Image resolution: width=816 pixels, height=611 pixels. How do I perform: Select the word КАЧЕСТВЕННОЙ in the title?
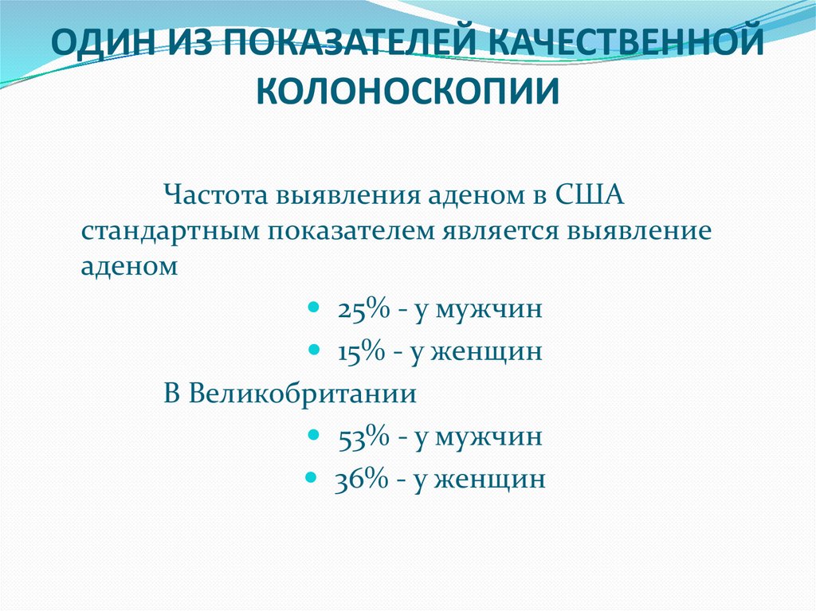(626, 45)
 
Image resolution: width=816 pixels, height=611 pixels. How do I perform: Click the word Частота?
(215, 194)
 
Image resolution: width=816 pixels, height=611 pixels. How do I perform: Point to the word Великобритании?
(291, 394)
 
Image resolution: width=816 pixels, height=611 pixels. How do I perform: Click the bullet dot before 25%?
(313, 307)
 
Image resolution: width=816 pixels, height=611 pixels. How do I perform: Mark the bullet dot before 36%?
(312, 477)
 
